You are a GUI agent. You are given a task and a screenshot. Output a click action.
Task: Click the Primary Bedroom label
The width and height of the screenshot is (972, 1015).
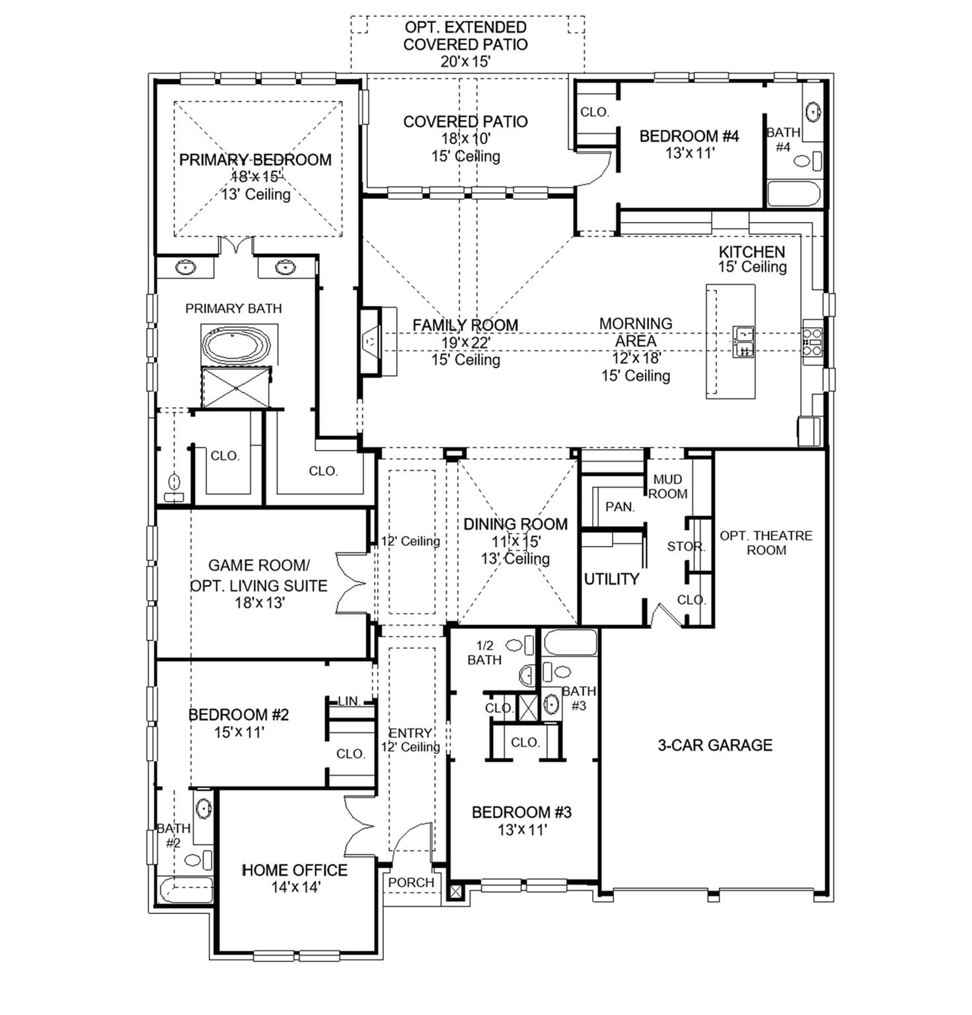tap(255, 160)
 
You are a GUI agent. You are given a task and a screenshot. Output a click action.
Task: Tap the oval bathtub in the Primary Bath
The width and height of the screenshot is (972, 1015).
tap(236, 344)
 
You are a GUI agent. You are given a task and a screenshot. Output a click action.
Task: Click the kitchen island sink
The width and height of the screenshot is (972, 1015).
tap(744, 341)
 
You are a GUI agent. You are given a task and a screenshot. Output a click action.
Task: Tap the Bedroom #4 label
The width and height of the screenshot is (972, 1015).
tap(689, 136)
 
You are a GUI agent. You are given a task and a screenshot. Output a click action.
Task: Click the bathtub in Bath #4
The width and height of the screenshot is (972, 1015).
tap(794, 194)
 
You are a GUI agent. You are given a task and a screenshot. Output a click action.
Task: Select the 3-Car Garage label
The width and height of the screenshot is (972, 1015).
tap(715, 745)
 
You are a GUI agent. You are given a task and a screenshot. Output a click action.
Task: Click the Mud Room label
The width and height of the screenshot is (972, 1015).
tap(667, 486)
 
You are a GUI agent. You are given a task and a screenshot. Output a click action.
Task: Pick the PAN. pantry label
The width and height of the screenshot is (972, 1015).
tap(620, 507)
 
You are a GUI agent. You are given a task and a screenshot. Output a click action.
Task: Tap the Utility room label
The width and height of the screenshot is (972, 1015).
tap(612, 579)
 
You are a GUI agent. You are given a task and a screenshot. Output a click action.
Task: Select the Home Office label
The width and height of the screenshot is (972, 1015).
tap(295, 870)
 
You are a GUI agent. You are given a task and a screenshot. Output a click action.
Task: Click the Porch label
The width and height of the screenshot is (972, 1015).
tap(411, 882)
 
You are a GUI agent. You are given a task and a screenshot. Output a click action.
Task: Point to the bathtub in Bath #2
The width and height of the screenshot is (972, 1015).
tap(186, 889)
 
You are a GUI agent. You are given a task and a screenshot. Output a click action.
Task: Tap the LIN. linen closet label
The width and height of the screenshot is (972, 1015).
tap(349, 700)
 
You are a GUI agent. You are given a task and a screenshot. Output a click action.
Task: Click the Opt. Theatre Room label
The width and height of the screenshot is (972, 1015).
tap(766, 543)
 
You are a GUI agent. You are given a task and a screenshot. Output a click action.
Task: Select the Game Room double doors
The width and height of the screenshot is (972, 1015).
tap(351, 584)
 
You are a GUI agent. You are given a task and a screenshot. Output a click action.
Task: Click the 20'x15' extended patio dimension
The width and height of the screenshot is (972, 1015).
tap(465, 61)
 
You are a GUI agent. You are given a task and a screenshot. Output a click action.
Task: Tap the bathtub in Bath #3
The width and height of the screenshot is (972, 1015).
tap(570, 642)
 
